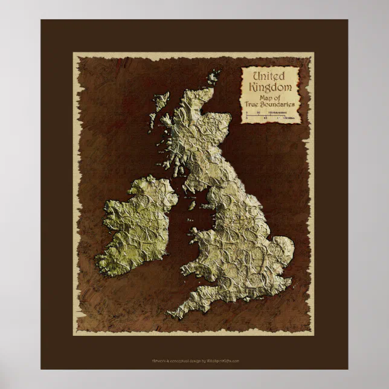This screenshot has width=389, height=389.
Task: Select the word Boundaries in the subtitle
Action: pyautogui.click(x=278, y=104)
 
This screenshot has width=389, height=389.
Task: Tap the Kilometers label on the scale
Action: pyautogui.click(x=288, y=112)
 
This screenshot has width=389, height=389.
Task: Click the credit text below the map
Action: pyautogui.click(x=195, y=361)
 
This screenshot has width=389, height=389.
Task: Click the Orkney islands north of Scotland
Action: pyautogui.click(x=213, y=78)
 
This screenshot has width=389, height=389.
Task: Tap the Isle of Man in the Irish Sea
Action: pyautogui.click(x=191, y=205)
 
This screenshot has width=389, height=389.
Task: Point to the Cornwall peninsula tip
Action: pyautogui.click(x=172, y=314)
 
